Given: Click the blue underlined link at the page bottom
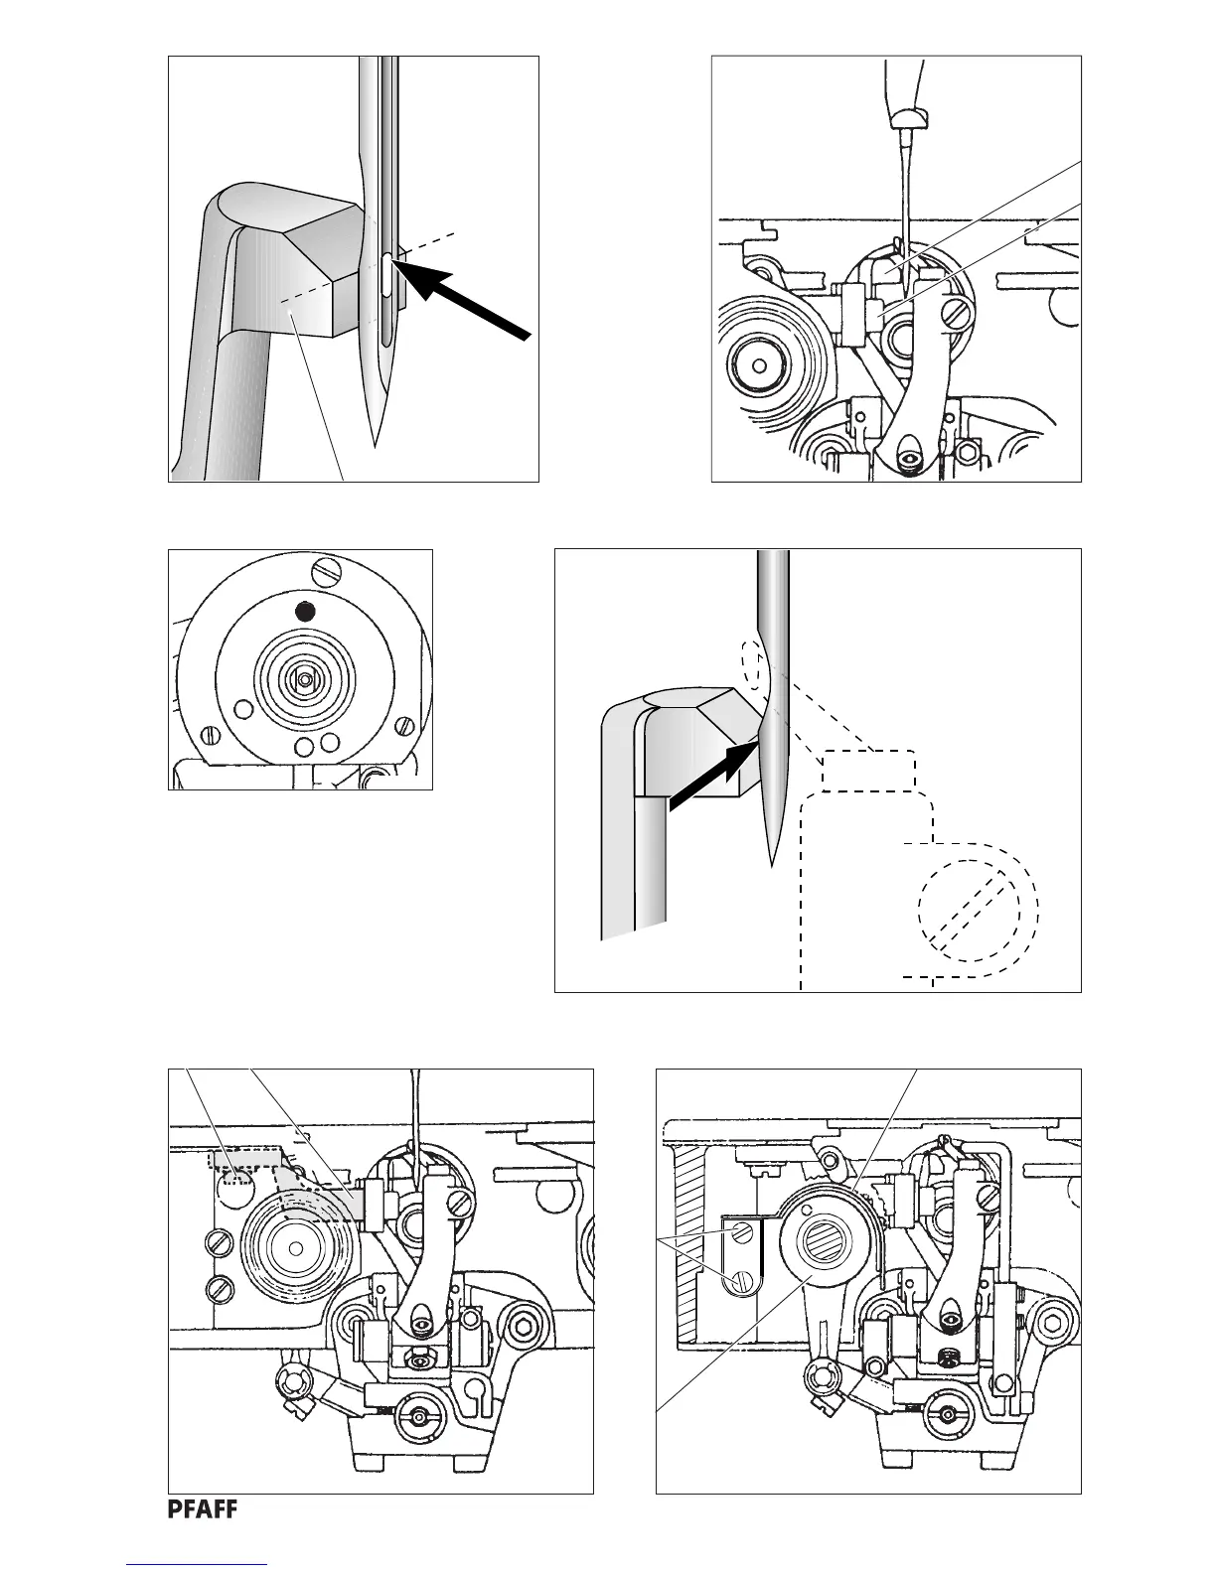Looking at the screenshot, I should [x=198, y=1564].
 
